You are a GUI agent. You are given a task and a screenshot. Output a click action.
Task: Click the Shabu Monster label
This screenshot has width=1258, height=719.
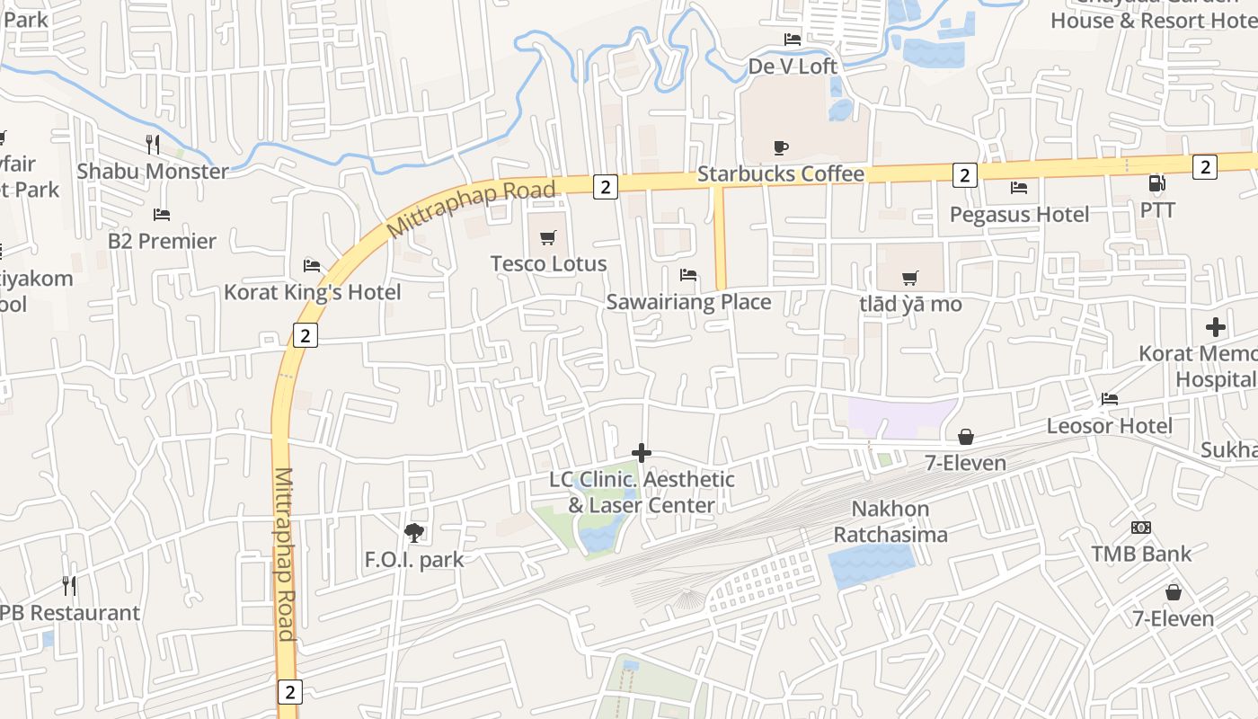click(x=153, y=171)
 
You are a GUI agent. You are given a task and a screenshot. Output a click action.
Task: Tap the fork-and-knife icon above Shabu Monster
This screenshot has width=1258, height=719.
click(x=153, y=144)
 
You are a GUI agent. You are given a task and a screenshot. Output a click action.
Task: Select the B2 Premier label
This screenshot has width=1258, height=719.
click(x=162, y=241)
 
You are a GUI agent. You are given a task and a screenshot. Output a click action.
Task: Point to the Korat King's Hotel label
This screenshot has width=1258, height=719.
click(x=312, y=292)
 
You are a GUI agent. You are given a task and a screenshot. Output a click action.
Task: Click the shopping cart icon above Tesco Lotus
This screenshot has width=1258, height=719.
click(x=547, y=238)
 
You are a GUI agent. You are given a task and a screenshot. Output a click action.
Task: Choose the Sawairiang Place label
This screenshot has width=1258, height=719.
click(x=688, y=301)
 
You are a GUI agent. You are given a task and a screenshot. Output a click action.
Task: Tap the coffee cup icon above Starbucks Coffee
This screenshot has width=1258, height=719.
click(x=780, y=147)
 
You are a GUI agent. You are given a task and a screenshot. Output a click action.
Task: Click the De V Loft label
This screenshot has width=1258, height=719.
click(x=793, y=66)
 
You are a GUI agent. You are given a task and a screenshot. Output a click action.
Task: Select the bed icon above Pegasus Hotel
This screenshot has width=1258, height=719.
click(x=1018, y=188)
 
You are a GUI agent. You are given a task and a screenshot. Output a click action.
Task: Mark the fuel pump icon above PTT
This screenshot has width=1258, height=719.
click(x=1156, y=184)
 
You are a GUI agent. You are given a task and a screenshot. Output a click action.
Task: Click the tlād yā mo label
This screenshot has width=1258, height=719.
click(x=910, y=304)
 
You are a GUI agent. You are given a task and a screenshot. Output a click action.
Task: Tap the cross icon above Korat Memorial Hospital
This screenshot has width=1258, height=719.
click(x=1216, y=327)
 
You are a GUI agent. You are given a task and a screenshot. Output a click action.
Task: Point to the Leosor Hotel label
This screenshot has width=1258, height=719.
click(x=1109, y=425)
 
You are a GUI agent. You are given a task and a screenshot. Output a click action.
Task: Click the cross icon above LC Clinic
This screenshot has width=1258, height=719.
click(x=641, y=453)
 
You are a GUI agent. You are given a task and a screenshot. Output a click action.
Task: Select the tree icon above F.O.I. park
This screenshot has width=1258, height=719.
click(x=414, y=533)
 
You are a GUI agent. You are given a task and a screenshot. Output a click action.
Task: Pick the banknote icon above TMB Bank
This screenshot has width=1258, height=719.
click(x=1141, y=528)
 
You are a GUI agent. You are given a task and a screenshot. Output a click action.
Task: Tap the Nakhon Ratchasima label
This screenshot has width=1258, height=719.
click(x=890, y=521)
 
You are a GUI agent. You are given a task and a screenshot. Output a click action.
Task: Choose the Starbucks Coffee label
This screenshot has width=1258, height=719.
click(x=780, y=173)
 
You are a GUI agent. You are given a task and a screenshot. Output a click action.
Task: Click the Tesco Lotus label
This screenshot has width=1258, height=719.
click(x=548, y=263)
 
